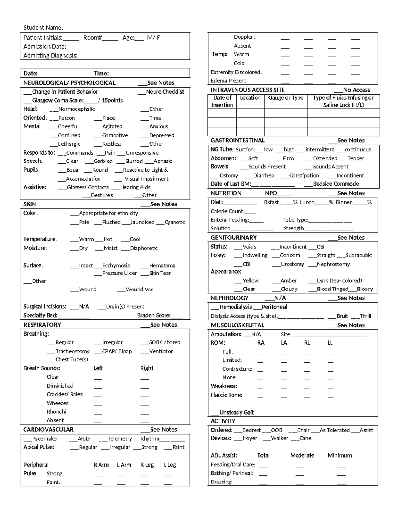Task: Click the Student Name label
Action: [x=43, y=27]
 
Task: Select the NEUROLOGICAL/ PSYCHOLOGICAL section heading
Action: [x=69, y=83]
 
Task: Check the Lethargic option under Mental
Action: [x=65, y=144]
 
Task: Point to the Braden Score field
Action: [x=159, y=315]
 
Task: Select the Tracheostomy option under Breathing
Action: [x=68, y=351]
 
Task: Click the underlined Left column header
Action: [x=98, y=368]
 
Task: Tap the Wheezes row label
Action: [x=57, y=403]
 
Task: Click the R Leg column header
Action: [x=147, y=465]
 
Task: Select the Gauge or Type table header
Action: [x=286, y=98]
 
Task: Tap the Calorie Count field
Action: [x=233, y=211]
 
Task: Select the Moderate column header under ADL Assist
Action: [x=302, y=456]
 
